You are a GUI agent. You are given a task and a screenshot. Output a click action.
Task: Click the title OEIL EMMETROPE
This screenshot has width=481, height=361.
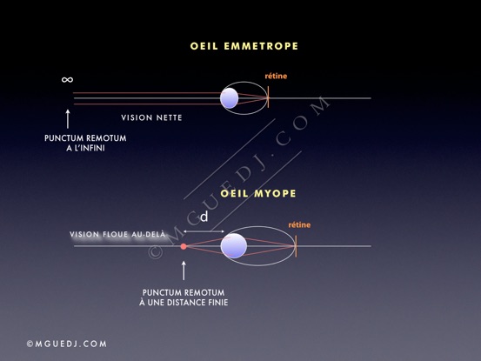244,46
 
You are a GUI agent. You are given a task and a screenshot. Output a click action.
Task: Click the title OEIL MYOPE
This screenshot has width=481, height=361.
258,193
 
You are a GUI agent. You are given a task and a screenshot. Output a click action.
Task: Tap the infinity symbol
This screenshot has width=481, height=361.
67,80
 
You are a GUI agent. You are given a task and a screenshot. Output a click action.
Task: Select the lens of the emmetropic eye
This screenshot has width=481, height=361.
229,98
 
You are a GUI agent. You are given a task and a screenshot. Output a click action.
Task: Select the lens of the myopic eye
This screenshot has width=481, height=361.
234,245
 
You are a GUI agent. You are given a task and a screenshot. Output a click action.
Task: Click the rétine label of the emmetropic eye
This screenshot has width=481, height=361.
276,76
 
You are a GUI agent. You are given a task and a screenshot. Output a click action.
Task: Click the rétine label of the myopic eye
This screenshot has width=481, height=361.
299,224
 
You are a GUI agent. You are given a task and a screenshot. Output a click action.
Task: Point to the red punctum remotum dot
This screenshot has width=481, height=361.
184,246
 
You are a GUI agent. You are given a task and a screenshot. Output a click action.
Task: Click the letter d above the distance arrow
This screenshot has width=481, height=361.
204,217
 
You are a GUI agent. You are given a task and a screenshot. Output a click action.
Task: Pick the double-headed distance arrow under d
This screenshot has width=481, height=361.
204,231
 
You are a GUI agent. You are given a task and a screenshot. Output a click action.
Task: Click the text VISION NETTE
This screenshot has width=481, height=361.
151,117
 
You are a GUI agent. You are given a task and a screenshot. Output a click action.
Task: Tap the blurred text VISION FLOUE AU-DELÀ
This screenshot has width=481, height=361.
117,235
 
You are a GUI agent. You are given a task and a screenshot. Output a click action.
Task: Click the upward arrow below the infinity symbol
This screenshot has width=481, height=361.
68,118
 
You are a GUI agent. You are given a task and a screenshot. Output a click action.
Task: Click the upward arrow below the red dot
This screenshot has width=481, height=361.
184,271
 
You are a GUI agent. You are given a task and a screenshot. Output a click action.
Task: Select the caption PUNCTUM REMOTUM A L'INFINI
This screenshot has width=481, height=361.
85,143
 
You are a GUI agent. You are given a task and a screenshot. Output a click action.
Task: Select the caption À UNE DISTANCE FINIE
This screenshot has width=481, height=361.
184,303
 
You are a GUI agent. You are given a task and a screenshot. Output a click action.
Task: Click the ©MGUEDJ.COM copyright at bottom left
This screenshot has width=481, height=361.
67,344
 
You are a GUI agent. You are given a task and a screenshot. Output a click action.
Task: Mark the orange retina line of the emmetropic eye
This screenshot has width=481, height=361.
268,97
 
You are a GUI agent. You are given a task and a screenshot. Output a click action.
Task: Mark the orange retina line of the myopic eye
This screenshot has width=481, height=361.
296,246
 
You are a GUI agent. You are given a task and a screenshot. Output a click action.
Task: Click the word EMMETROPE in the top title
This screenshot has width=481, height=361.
261,46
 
